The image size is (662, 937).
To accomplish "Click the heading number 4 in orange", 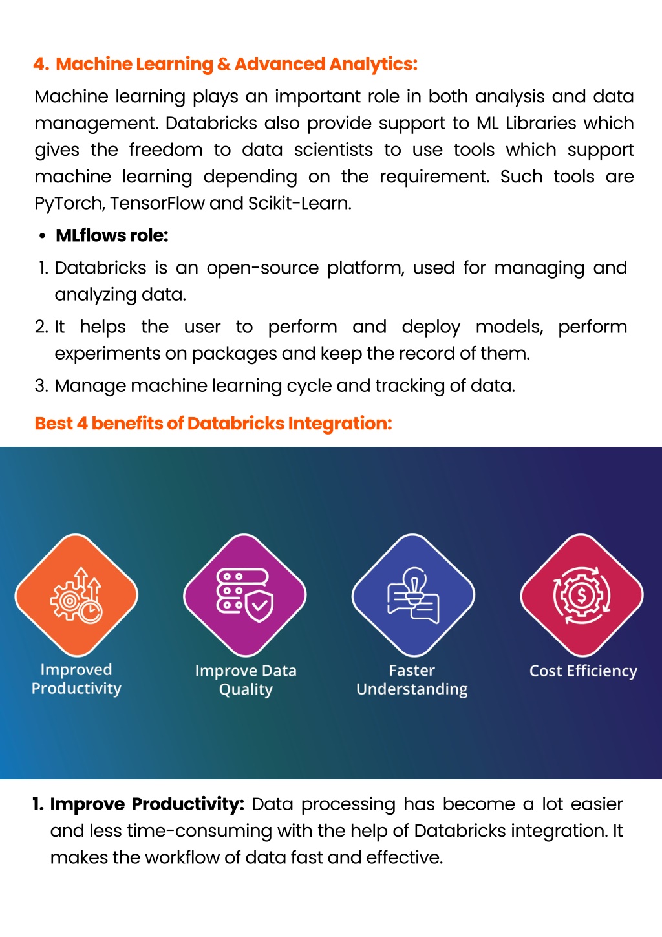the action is coord(40,64).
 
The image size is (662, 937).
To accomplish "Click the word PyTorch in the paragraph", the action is coord(69,204).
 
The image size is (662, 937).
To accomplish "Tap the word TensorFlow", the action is coord(157,203).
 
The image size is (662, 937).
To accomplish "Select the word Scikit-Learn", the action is coord(299,203).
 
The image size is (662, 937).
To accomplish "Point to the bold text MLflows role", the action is coord(112,235).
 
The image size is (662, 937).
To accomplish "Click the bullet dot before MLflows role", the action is coord(42,236).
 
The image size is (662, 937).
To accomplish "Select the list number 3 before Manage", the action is coord(41,385).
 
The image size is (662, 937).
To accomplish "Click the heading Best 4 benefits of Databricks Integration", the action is coord(213,424).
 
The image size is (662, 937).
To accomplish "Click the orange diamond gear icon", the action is coord(76,595).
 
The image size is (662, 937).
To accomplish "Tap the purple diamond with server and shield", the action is coord(245,595).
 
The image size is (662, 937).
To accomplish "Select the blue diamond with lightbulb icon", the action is coord(413,595).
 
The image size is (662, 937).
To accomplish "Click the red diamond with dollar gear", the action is coord(582,595).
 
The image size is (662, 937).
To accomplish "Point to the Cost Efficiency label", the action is coord(583,671).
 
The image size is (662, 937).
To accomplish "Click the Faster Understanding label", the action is coord(412,680).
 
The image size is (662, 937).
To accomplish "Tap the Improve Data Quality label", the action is coord(246,680).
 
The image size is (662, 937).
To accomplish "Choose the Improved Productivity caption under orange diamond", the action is coord(76,680).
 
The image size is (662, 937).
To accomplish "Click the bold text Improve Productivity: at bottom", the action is coord(147,804).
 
